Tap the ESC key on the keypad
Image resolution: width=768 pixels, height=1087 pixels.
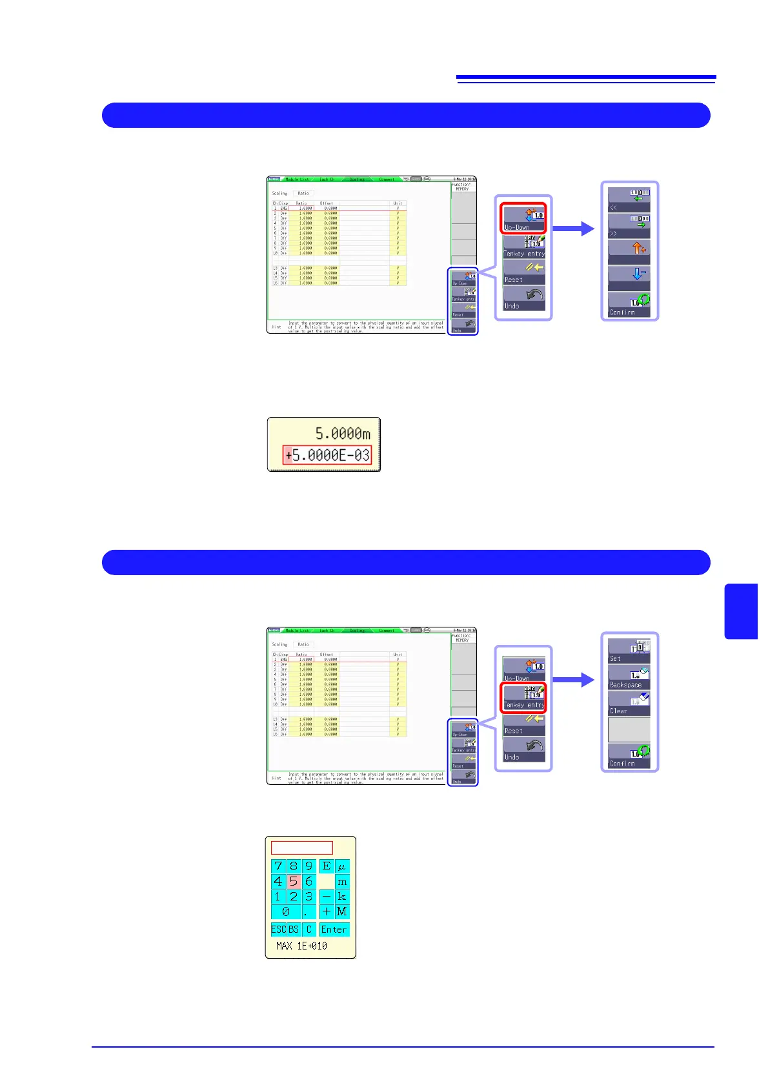coord(278,930)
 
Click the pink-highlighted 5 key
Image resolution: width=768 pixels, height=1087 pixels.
coord(294,881)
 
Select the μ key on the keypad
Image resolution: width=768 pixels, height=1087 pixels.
coord(342,866)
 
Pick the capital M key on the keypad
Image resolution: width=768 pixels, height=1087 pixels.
coord(342,911)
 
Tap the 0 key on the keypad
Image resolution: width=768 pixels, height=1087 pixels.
coord(286,911)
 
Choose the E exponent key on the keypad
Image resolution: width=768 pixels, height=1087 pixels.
coord(327,866)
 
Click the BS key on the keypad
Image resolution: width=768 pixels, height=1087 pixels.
coord(294,930)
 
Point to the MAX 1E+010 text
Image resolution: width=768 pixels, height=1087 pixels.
coord(301,946)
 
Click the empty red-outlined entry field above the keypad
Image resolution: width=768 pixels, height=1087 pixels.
coord(301,848)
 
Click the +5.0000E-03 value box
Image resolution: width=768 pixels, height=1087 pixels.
coord(327,455)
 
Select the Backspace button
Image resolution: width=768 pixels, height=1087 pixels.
coord(629,678)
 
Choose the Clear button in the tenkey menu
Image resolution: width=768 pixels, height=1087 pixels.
coord(629,704)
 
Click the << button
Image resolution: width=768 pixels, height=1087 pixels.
coord(629,200)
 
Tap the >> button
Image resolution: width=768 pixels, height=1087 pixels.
coord(629,226)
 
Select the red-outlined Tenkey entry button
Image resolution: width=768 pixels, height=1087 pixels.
coord(524,697)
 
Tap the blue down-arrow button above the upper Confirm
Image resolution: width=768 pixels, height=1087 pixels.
coord(629,278)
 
